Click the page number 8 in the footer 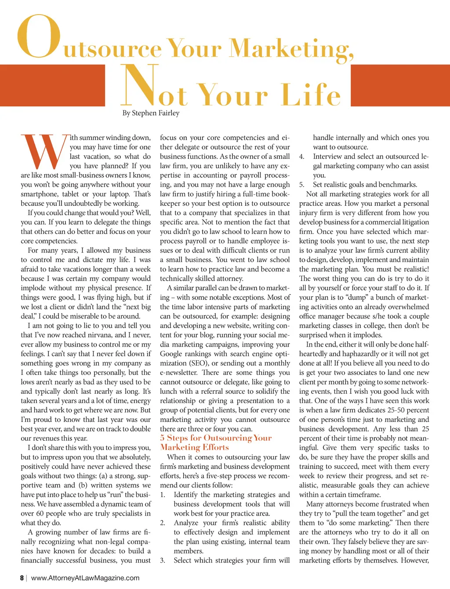pyautogui.click(x=22, y=578)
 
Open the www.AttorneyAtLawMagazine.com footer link pyautogui.click(x=85, y=578)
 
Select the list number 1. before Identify pyautogui.click(x=163, y=495)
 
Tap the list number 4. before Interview pyautogui.click(x=302, y=157)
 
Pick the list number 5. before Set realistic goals pyautogui.click(x=302, y=185)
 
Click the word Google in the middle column pyautogui.click(x=172, y=354)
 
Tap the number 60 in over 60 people pyautogui.click(x=40, y=514)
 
